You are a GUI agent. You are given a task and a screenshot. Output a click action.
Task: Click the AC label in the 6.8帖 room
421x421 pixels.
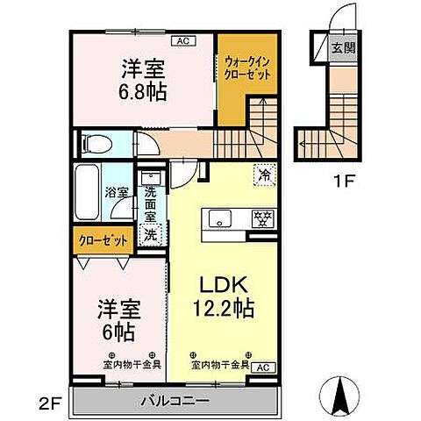(x=184, y=40)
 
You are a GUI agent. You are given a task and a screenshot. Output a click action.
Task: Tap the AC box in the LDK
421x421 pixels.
(x=263, y=369)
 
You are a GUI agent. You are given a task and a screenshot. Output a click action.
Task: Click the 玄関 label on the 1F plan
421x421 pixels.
(x=343, y=48)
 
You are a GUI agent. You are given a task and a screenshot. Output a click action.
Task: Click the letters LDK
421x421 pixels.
(x=218, y=284)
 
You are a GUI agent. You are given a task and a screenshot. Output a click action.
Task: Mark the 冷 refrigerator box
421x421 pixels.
(x=263, y=175)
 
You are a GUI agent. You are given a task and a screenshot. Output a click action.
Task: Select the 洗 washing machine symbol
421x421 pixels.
(x=152, y=234)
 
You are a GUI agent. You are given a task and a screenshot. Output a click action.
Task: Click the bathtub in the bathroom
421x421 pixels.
(x=89, y=193)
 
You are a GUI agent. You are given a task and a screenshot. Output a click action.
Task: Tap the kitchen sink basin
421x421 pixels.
(x=220, y=217)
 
